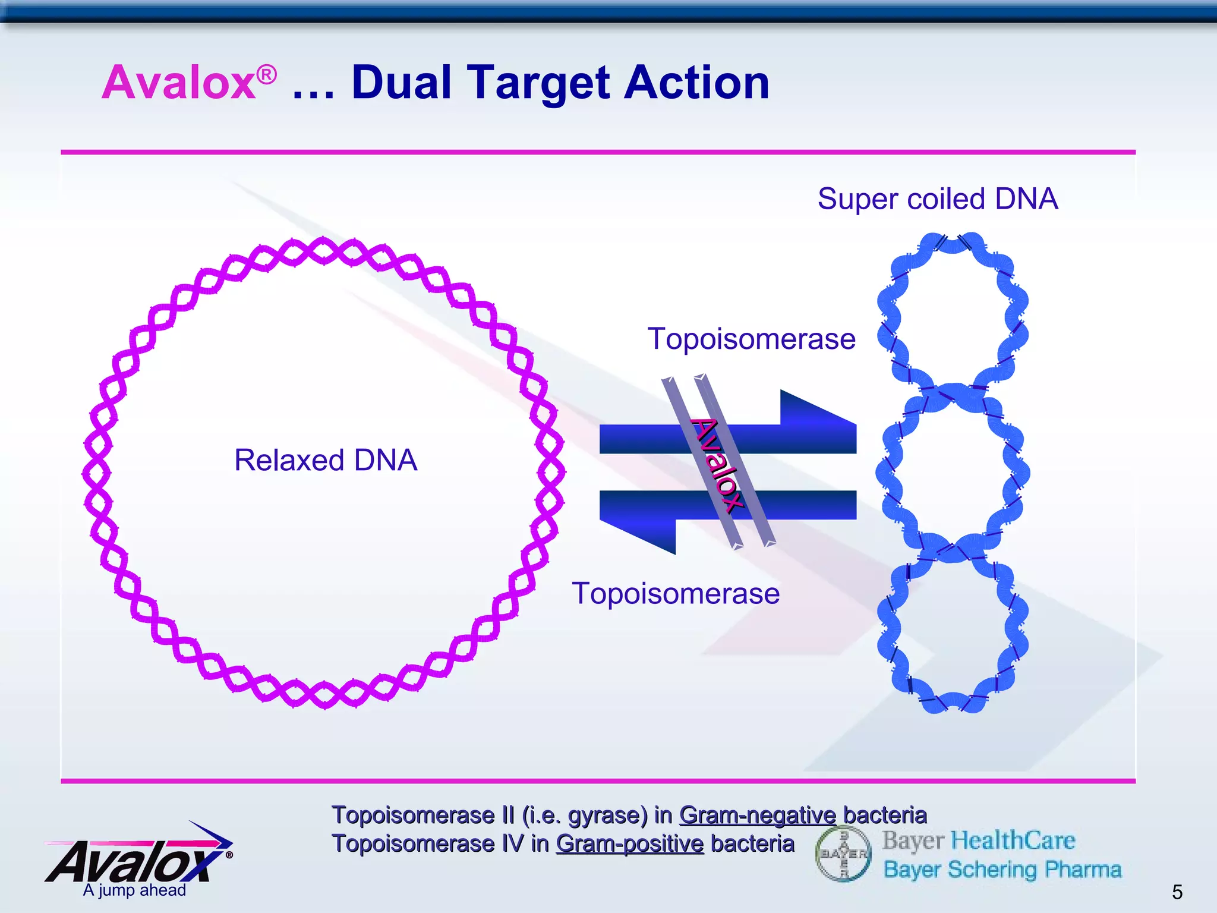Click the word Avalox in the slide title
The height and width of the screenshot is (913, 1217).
(178, 83)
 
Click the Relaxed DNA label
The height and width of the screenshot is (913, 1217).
(326, 460)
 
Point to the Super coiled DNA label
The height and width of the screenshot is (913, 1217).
(937, 199)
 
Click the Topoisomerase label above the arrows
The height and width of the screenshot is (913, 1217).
(751, 339)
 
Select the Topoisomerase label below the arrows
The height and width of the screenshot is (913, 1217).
(675, 593)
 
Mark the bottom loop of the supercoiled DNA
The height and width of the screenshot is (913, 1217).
(953, 633)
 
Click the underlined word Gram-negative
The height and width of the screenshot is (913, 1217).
(757, 815)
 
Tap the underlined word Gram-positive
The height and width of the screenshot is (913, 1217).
(629, 844)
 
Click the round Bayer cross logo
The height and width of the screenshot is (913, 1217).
(843, 854)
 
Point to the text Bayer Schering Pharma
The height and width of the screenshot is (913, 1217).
(1002, 870)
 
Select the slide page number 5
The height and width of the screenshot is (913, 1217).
(1177, 892)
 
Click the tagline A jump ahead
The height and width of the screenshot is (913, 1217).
(134, 890)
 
